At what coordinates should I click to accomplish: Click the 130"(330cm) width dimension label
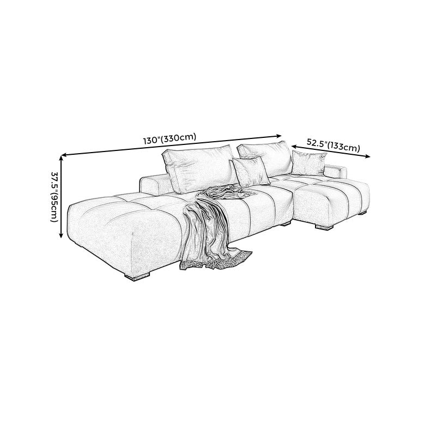pos(169,139)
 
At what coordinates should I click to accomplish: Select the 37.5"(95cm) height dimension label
pos(55,196)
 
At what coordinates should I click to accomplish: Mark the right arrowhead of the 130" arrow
pos(279,136)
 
